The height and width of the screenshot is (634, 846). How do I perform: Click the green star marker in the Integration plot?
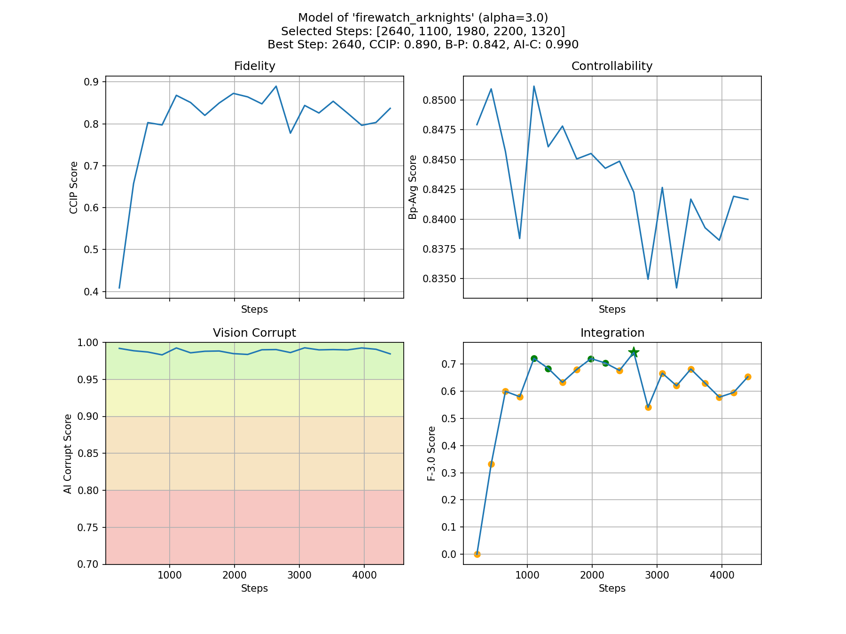[634, 352]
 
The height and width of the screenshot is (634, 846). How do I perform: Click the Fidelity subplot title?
[254, 66]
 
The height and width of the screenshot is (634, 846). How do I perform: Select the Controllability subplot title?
[611, 66]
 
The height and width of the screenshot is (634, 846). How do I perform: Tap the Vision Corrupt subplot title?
[254, 333]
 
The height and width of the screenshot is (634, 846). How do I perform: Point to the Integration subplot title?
[612, 333]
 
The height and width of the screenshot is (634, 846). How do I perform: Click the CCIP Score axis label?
[74, 187]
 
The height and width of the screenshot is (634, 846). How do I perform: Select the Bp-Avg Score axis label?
[413, 187]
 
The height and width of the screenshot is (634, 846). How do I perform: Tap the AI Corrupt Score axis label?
[68, 454]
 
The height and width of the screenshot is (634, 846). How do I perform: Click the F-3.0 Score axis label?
[431, 453]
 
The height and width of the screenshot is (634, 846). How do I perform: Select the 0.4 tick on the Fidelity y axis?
[92, 292]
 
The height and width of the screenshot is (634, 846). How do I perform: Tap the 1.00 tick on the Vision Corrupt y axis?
[89, 343]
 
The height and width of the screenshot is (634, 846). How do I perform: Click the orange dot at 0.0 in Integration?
[477, 554]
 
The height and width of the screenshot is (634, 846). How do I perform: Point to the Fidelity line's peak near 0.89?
[276, 86]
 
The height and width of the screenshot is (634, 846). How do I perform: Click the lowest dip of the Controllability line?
[676, 287]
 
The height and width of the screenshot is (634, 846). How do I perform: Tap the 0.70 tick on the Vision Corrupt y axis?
[89, 564]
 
